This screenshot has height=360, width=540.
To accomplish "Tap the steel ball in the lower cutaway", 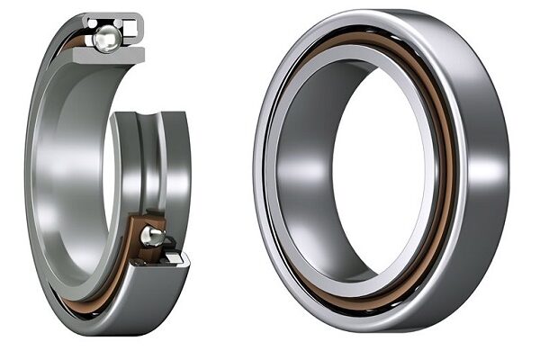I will [x=151, y=237].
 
